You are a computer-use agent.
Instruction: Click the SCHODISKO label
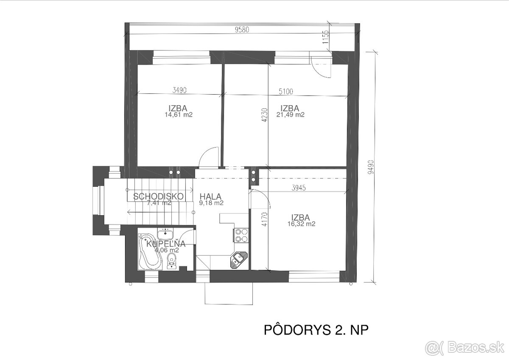tap(158, 197)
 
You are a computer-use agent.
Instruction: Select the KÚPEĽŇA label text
tap(166, 244)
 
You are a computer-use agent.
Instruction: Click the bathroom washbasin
tap(165, 233)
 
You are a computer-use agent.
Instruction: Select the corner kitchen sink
tap(238, 259)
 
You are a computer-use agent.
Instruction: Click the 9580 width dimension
tap(242, 30)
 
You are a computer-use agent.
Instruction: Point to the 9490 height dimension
tap(370, 166)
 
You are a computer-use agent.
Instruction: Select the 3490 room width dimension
tap(180, 90)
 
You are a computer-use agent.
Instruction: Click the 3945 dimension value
tap(299, 187)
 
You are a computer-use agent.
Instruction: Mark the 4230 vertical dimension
tap(265, 114)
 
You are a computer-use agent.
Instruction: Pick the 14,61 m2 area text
tap(179, 115)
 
